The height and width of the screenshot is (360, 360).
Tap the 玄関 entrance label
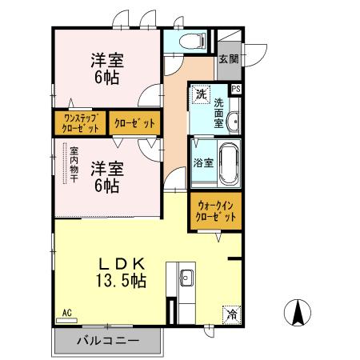tap(228, 59)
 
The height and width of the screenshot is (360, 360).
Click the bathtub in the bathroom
tap(228, 163)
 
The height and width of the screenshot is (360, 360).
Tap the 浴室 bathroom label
tap(203, 163)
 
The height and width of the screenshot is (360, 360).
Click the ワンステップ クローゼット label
tap(78, 123)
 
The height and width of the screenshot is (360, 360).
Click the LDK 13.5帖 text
tap(122, 271)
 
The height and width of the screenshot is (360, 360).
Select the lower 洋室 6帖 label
tap(106, 177)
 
